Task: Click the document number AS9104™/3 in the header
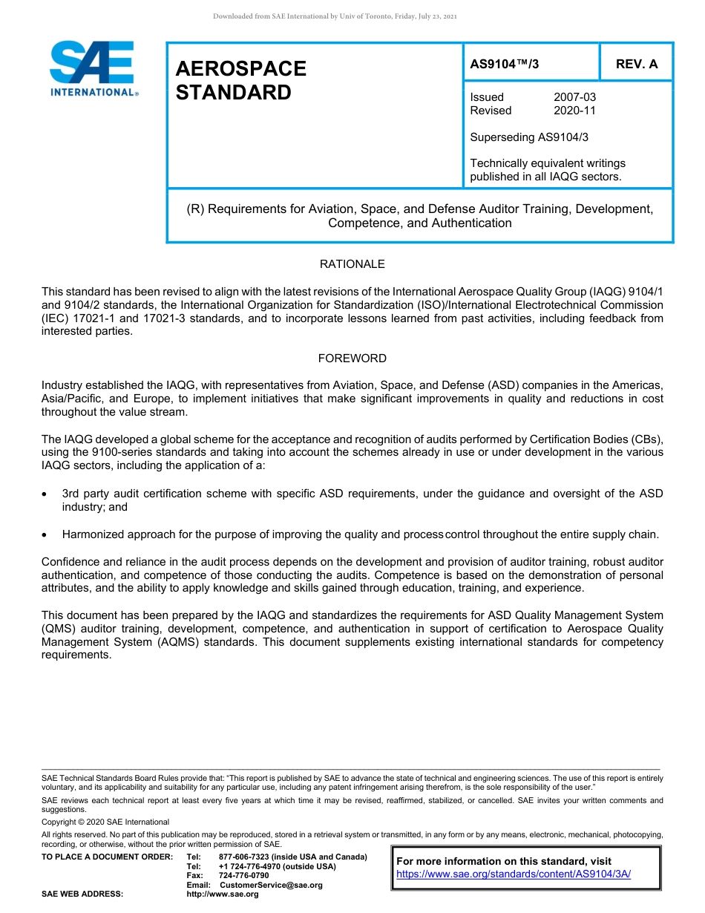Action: click(x=505, y=64)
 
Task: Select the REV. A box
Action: click(x=637, y=64)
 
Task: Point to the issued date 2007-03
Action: click(x=574, y=97)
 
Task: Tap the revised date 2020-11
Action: click(x=574, y=111)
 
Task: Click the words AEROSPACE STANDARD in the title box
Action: click(x=240, y=80)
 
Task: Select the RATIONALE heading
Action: click(x=352, y=264)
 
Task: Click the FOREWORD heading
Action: click(x=352, y=359)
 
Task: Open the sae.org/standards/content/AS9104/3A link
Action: click(x=514, y=874)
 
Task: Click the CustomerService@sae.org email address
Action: click(x=271, y=885)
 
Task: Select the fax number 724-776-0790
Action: click(x=243, y=876)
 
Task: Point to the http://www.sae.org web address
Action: click(x=222, y=894)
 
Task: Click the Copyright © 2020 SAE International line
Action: click(x=105, y=822)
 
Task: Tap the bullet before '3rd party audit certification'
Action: click(x=46, y=494)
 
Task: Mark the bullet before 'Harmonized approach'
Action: click(x=46, y=534)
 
